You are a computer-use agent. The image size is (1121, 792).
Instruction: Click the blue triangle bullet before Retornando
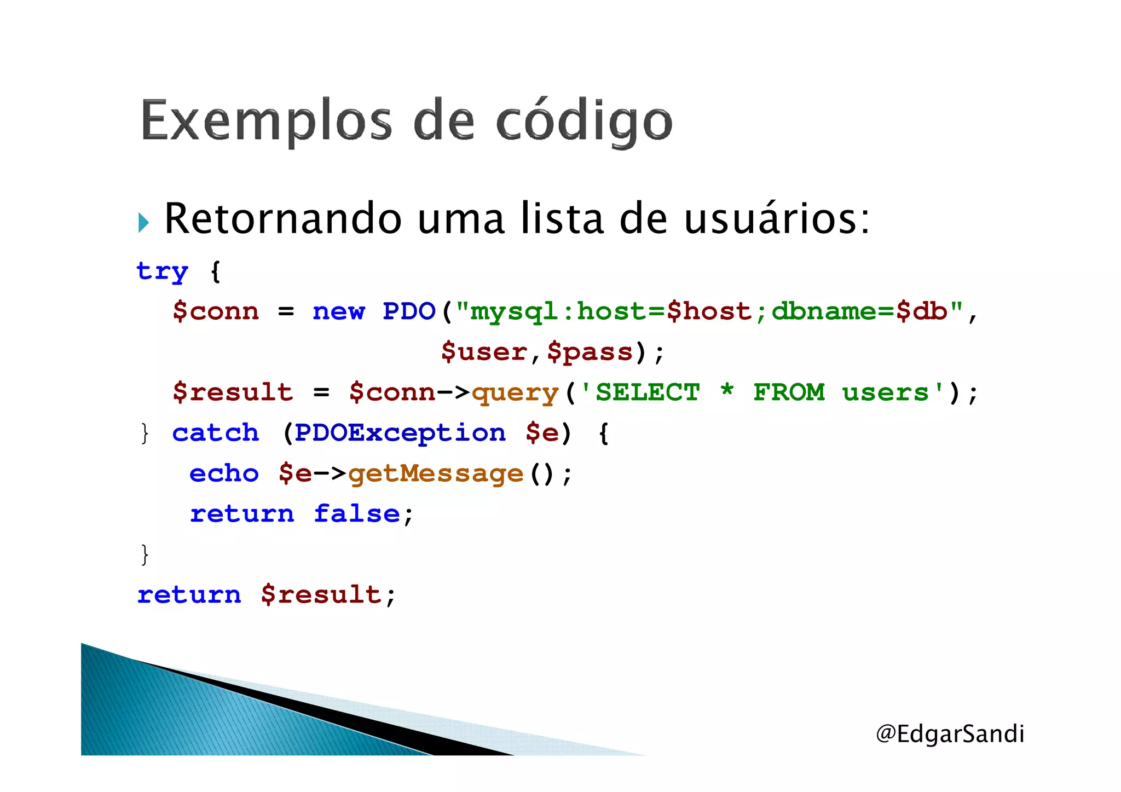143,223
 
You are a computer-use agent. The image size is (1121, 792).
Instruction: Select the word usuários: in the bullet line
776,219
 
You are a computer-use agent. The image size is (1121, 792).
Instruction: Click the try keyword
162,271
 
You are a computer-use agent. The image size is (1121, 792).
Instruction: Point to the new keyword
338,311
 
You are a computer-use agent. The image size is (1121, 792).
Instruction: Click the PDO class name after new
408,311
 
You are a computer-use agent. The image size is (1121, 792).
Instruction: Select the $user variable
484,352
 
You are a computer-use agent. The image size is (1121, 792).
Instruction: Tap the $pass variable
590,352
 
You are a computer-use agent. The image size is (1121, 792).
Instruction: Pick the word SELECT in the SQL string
647,392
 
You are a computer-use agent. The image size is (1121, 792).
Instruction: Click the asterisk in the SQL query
727,390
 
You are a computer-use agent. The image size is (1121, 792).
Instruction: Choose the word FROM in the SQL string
788,392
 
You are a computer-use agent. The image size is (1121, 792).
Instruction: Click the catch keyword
215,433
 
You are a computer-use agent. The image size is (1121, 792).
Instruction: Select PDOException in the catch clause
400,433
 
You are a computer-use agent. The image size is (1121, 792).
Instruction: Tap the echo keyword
224,473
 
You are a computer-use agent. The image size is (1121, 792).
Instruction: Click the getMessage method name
436,474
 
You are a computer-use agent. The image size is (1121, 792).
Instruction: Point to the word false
357,514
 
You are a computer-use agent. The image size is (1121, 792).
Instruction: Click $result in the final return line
321,595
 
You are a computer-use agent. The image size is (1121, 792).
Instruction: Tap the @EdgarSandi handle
950,733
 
